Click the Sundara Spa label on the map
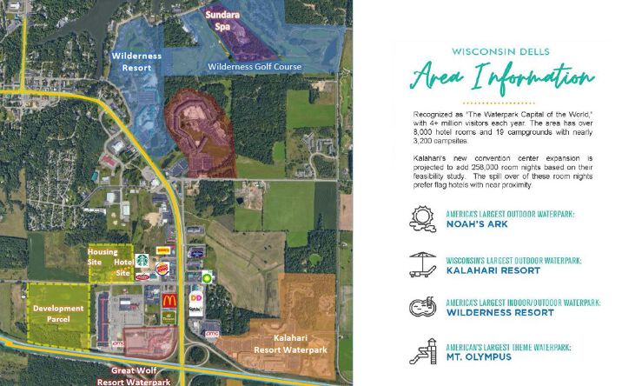[223, 20]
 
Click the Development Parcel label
[58, 314]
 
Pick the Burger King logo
[162, 265]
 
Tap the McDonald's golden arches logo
[171, 301]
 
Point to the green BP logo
[207, 275]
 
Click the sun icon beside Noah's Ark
[422, 217]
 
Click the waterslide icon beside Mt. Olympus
[422, 352]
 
